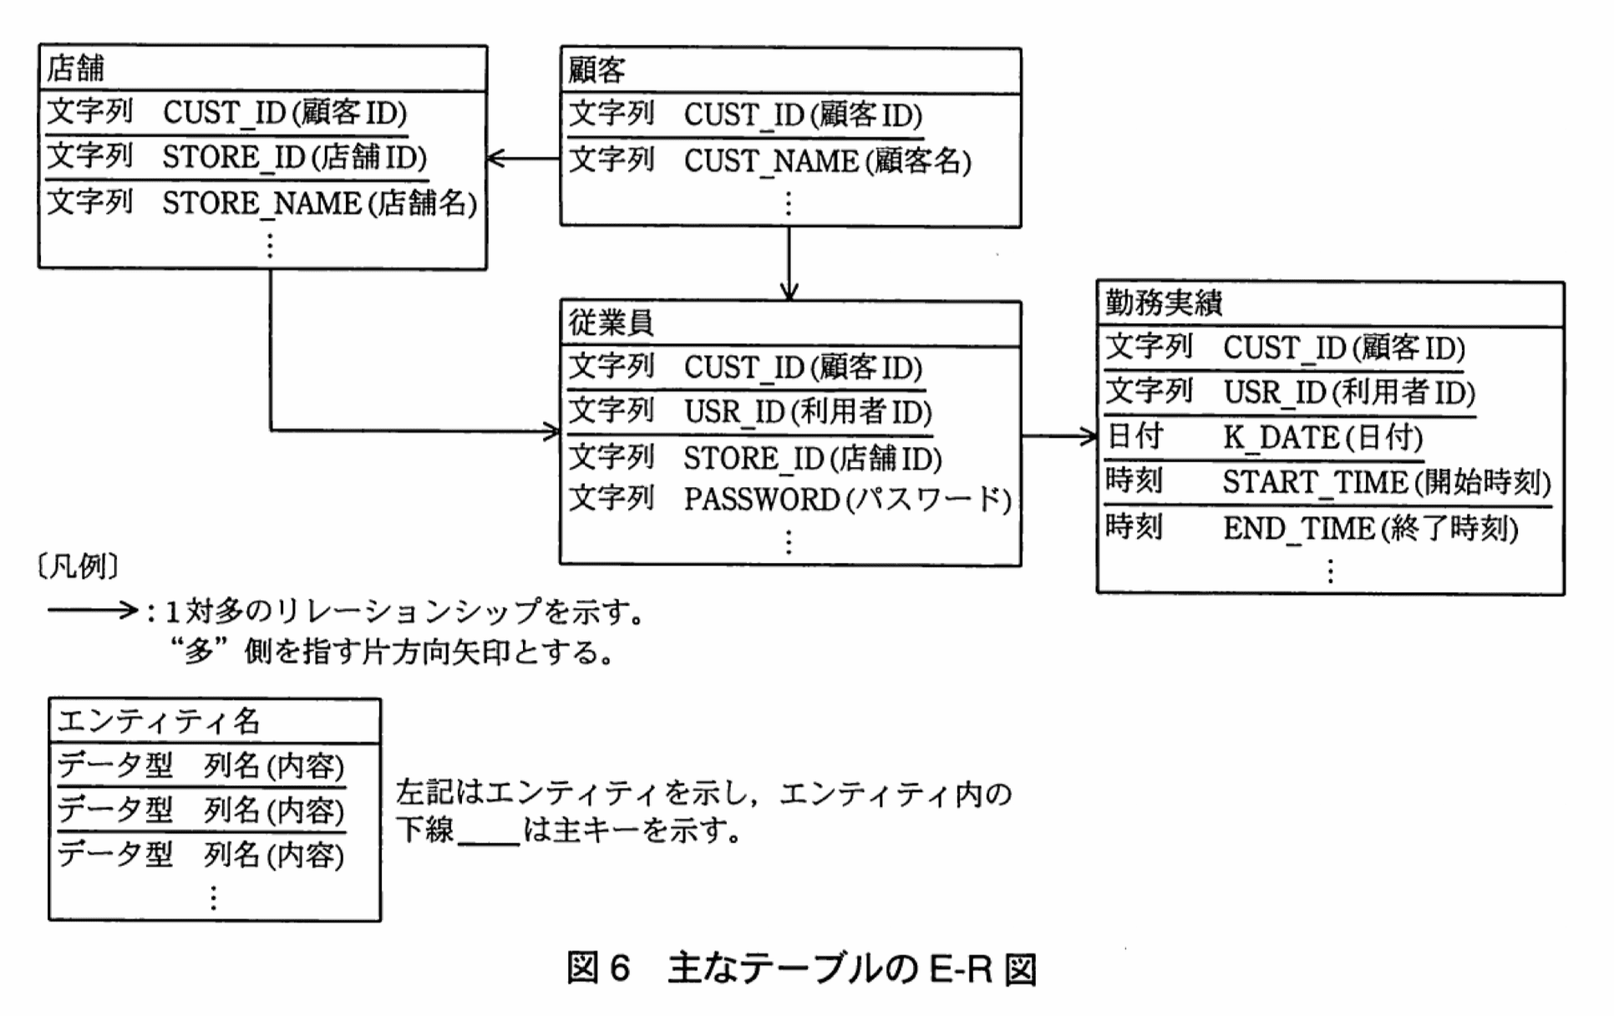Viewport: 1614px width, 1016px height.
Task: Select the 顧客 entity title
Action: (x=596, y=70)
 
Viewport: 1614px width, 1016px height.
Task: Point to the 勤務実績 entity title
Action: (x=1164, y=302)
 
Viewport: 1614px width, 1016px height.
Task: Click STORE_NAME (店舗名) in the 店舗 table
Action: (x=319, y=203)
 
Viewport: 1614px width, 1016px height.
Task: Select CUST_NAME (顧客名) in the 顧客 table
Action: (x=827, y=160)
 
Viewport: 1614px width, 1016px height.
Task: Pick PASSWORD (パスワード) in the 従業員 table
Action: (x=847, y=500)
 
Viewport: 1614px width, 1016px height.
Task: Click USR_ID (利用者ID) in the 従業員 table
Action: (x=807, y=412)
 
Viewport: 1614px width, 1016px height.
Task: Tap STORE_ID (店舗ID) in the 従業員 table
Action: (x=812, y=458)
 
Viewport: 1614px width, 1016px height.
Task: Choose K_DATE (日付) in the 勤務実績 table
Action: (x=1322, y=437)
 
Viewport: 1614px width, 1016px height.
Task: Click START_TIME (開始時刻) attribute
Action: (x=1387, y=482)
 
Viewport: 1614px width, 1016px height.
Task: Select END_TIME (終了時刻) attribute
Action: (x=1370, y=528)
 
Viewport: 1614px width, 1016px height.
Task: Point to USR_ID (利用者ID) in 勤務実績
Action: (x=1348, y=392)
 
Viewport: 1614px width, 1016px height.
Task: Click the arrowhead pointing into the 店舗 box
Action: (x=495, y=158)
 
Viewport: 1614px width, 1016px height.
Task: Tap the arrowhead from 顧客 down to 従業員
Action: (x=789, y=292)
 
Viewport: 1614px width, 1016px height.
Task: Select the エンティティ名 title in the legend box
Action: (x=159, y=720)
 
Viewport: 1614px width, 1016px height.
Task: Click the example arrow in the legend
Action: (x=92, y=611)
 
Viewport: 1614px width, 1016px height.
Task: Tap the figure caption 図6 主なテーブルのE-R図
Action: (x=801, y=969)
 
